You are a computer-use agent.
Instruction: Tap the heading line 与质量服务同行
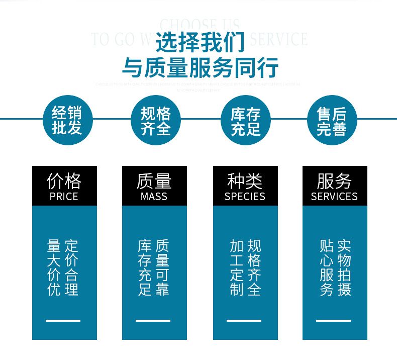(200, 67)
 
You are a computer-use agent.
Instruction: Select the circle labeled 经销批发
(67, 120)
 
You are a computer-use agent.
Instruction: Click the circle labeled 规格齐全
(155, 120)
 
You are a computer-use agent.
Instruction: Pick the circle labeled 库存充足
(246, 120)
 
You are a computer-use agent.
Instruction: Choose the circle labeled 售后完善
(331, 120)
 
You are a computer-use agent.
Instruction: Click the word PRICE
(64, 196)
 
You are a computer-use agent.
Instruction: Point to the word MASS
(154, 196)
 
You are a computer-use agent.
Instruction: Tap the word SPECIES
(245, 196)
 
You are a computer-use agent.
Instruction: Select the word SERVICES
(334, 196)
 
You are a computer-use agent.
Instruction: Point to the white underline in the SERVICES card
(333, 320)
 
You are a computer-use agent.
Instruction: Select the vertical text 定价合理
(72, 267)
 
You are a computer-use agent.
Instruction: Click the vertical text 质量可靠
(162, 267)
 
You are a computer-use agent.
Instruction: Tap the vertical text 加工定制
(237, 267)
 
